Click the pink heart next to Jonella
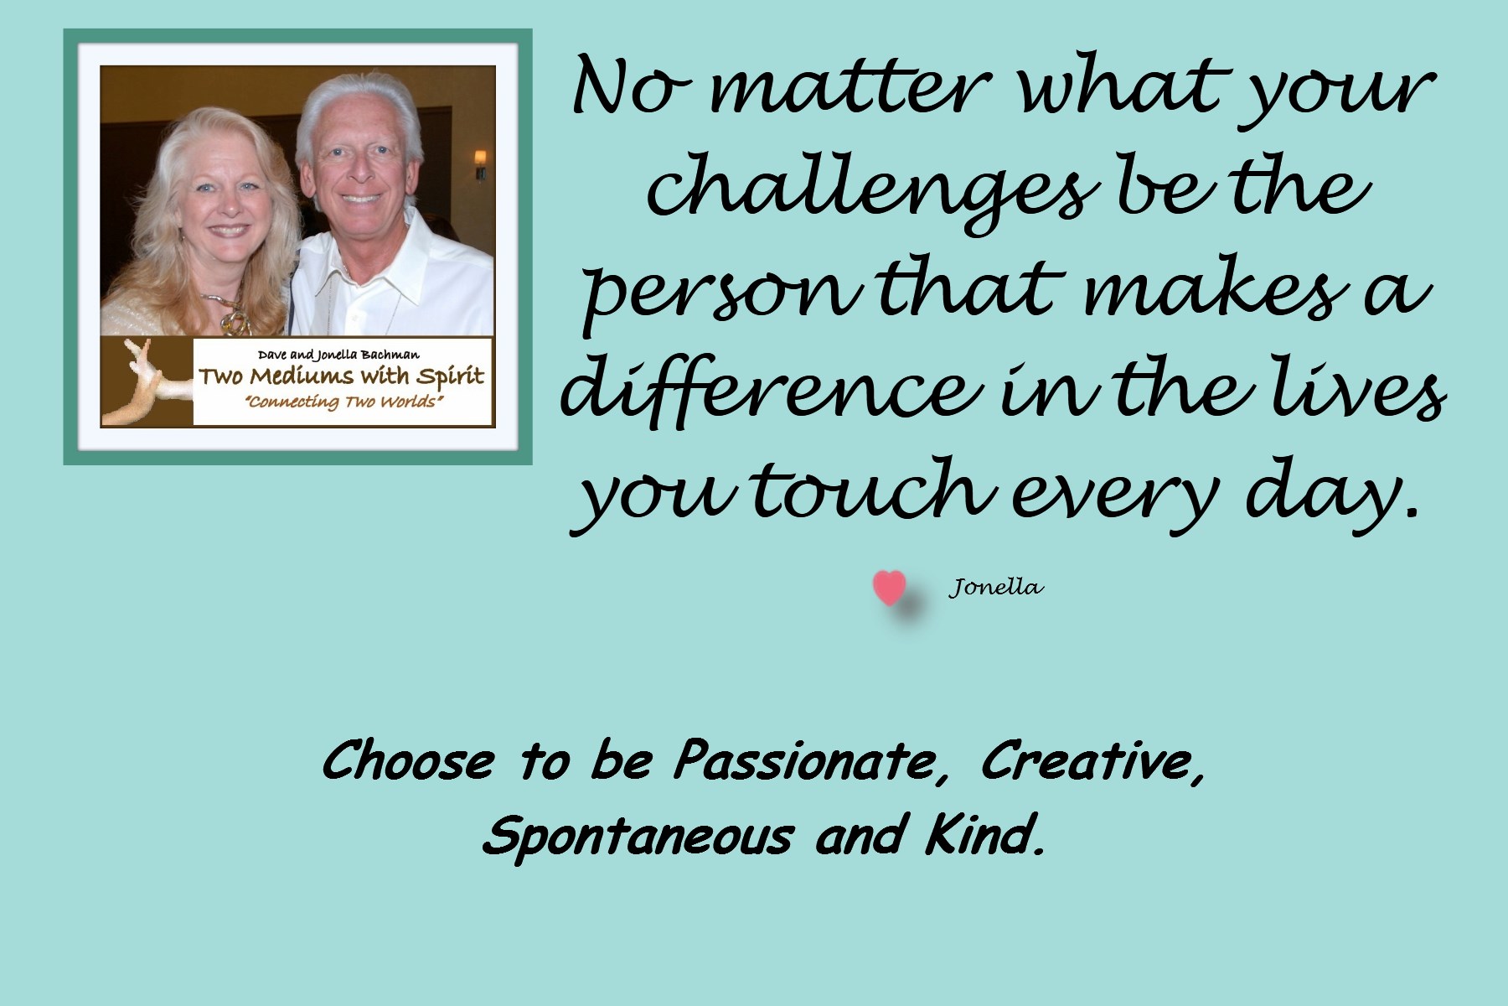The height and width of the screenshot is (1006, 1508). (889, 589)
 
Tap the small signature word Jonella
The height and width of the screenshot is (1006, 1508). (996, 588)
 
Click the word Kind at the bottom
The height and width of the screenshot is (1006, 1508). (985, 835)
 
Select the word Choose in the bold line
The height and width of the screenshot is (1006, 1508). (407, 760)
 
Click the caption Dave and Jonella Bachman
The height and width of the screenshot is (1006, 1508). (338, 355)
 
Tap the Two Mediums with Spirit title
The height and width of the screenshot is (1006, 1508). (341, 376)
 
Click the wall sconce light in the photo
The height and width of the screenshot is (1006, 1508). (481, 164)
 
